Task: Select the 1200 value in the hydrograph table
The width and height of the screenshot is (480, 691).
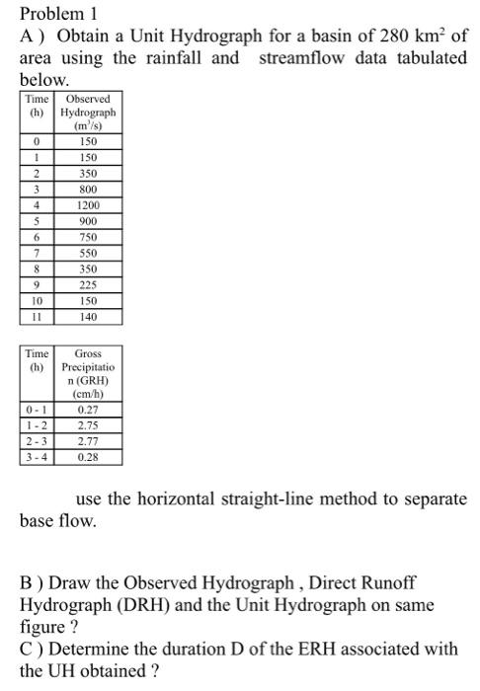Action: tap(87, 205)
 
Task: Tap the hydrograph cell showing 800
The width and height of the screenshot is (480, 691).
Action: tap(87, 189)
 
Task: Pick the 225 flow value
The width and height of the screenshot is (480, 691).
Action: tap(87, 285)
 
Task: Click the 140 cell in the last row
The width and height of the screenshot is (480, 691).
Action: tap(87, 317)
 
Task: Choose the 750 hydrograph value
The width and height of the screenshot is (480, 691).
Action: tap(87, 237)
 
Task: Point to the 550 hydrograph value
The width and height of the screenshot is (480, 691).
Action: tap(87, 253)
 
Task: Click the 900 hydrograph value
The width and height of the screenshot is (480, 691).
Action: tap(87, 221)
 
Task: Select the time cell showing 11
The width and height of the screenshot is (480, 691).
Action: tap(36, 317)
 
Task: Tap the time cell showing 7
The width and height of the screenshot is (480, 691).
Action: tap(36, 253)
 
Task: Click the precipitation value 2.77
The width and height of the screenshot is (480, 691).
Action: tap(87, 441)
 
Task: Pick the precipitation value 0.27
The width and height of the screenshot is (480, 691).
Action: tap(87, 410)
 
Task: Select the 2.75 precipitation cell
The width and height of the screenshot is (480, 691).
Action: tap(87, 425)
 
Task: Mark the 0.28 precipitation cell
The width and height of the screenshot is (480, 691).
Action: tap(87, 457)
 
